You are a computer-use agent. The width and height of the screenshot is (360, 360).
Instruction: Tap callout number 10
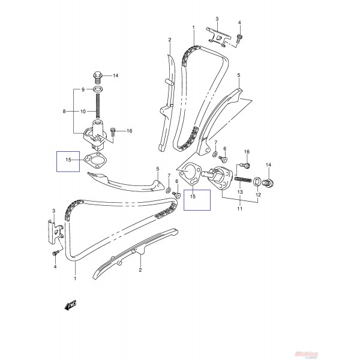[83, 112]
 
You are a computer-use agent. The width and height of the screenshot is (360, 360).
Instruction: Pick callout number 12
[258, 196]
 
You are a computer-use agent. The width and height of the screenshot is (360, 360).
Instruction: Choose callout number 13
[239, 192]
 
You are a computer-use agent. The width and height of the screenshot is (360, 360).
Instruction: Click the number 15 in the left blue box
[68, 160]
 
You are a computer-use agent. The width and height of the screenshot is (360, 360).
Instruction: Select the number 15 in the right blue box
[193, 196]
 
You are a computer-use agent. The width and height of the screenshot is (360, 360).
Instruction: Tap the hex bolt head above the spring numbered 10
[96, 76]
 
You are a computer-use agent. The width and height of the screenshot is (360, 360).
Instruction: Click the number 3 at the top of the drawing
[217, 19]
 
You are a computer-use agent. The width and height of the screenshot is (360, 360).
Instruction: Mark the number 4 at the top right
[239, 23]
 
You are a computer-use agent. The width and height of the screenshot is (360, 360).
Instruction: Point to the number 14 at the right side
[268, 165]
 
